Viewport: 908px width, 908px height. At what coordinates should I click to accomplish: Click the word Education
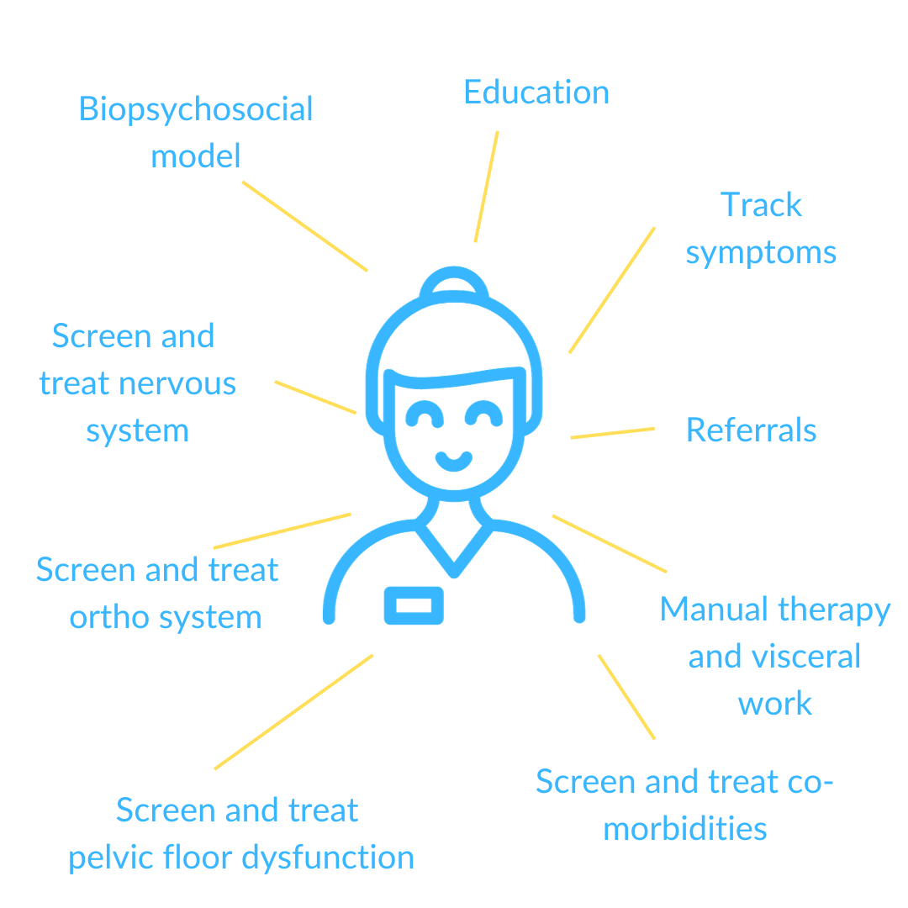tap(536, 92)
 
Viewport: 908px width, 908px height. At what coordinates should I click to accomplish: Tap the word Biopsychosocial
tap(196, 110)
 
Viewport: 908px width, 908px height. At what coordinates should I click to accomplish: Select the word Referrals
tap(751, 430)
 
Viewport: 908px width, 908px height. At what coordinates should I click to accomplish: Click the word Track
tap(761, 205)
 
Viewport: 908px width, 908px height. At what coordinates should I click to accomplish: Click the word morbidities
tap(685, 829)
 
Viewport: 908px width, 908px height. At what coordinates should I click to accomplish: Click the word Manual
tap(715, 610)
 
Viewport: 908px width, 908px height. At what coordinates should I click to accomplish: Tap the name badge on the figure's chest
tap(414, 605)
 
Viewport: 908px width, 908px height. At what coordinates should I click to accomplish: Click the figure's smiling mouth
tap(454, 462)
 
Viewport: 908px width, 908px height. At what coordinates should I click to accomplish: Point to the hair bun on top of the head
tap(454, 272)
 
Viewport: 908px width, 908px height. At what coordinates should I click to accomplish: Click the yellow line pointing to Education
tap(487, 187)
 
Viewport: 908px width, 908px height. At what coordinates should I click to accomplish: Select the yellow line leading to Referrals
tap(613, 433)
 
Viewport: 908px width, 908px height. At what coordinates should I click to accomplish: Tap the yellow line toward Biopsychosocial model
tap(304, 226)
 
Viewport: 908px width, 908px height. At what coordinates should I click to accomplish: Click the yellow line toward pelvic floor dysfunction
tap(293, 712)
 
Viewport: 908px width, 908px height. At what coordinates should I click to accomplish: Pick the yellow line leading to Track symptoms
tap(612, 289)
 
